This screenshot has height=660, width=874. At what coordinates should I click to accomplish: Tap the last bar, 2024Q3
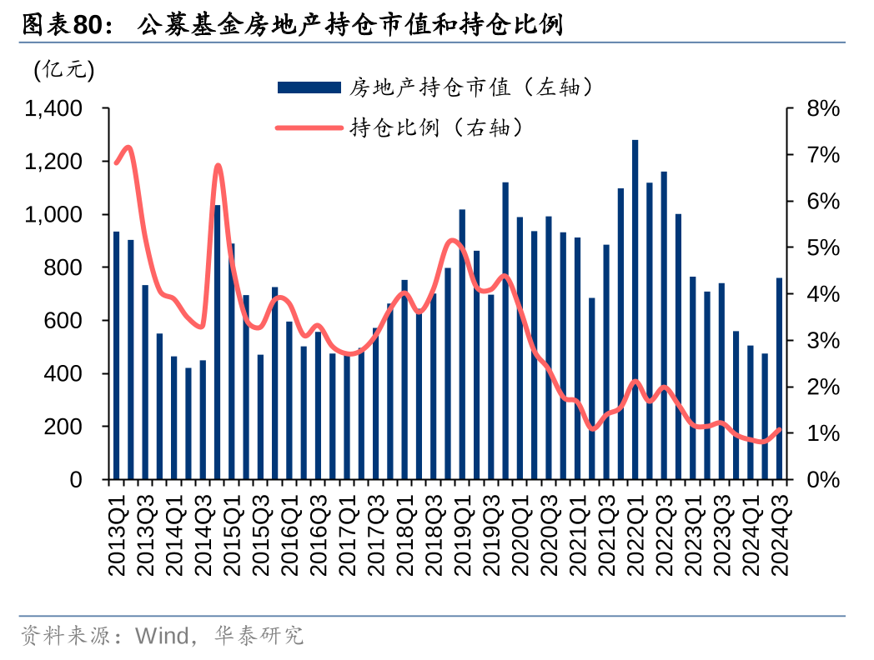click(x=779, y=379)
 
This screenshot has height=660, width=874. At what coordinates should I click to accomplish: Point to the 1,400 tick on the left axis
click(x=55, y=109)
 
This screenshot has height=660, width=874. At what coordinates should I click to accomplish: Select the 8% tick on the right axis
click(x=821, y=109)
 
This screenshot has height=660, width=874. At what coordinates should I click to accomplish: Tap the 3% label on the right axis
click(x=821, y=341)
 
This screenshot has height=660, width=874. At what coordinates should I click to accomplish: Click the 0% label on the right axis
click(x=821, y=480)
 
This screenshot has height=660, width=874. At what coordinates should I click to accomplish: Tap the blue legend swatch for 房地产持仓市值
click(x=309, y=87)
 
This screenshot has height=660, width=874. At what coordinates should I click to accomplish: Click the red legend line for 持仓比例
click(x=309, y=127)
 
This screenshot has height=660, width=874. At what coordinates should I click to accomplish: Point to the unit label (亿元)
click(x=64, y=71)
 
